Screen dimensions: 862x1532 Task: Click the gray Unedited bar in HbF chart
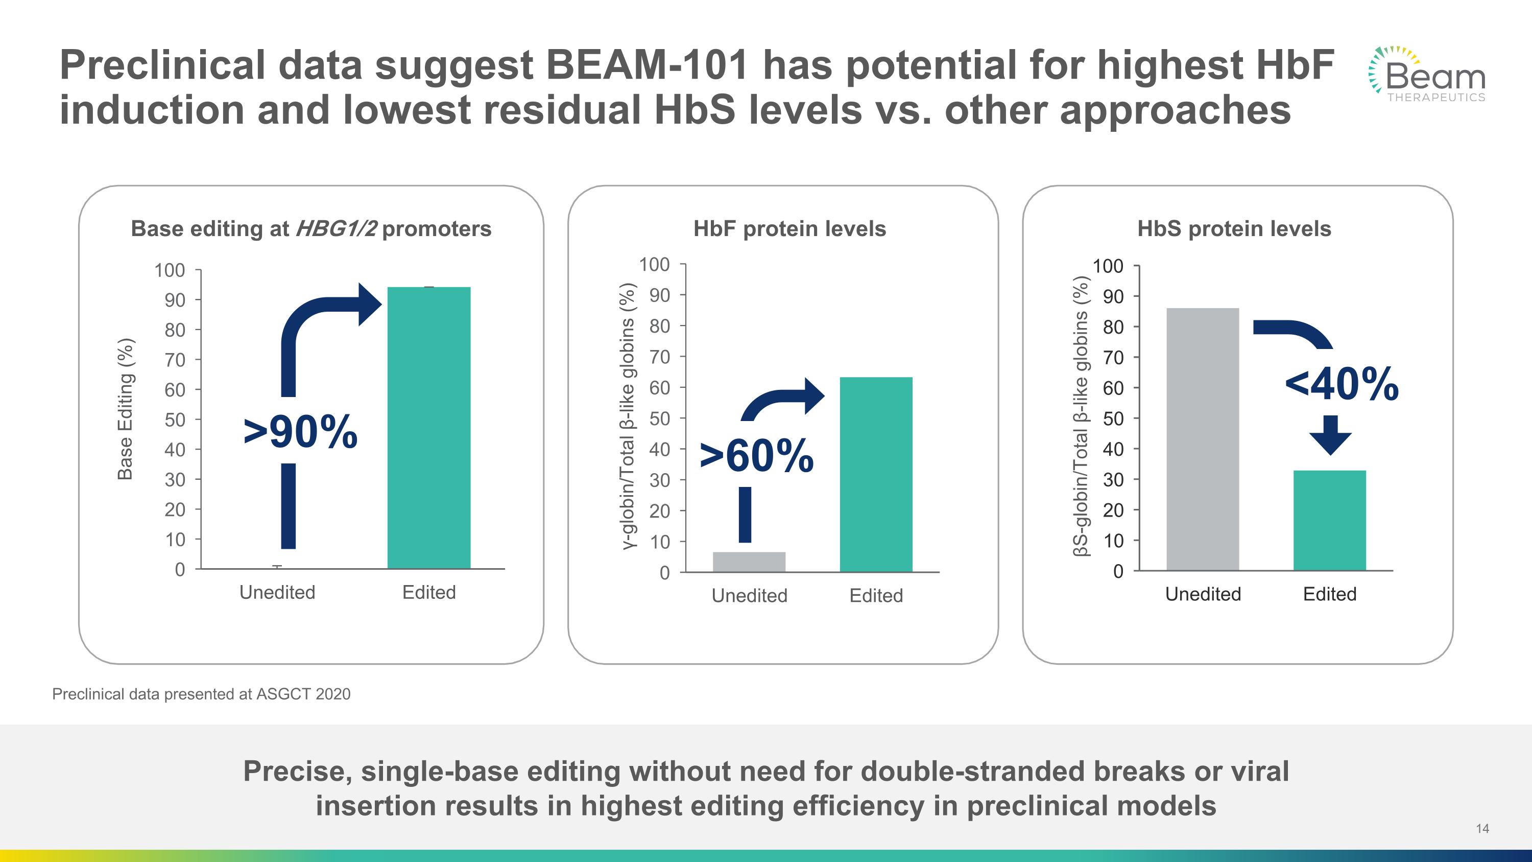[x=749, y=562]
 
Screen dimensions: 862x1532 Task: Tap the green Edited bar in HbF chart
[x=875, y=474]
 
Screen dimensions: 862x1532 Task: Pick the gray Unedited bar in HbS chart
[x=1203, y=439]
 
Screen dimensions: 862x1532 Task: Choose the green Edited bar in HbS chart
[x=1329, y=520]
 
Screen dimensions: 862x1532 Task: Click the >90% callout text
[x=300, y=432]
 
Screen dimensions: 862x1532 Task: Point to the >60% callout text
[x=756, y=456]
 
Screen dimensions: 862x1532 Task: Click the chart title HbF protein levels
[x=789, y=228]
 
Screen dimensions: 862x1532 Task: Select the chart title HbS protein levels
[x=1234, y=228]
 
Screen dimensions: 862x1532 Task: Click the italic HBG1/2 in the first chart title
[x=336, y=228]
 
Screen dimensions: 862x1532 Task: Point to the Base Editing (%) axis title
[x=125, y=409]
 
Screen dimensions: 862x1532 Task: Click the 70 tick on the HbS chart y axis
[x=1113, y=358]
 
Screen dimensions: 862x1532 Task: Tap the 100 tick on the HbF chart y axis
[x=654, y=264]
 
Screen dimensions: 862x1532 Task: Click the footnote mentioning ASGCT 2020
[x=201, y=694]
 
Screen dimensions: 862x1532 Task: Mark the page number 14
[x=1482, y=828]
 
